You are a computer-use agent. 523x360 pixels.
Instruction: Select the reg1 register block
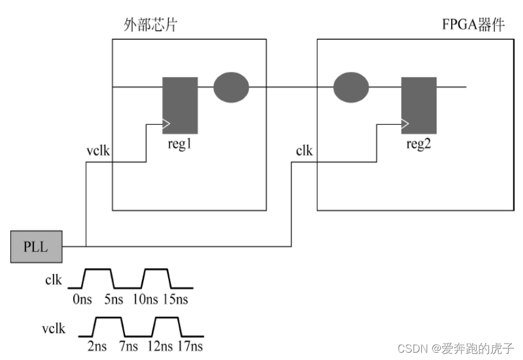pos(180,105)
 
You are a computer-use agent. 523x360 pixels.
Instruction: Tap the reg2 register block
pos(418,105)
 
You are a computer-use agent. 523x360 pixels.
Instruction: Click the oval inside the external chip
pos(231,88)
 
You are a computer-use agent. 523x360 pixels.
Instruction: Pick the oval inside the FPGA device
pos(351,88)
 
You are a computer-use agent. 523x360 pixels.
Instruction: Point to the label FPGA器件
pos(474,26)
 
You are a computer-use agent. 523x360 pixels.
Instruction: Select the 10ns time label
pos(144,299)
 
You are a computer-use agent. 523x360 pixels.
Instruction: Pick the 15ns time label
pos(176,299)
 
